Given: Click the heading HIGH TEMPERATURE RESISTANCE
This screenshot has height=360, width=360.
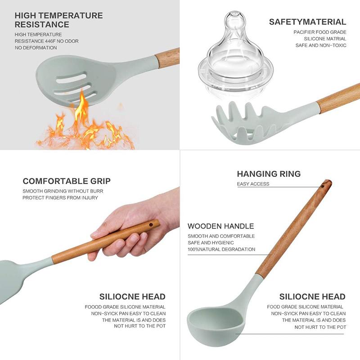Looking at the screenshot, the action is [x=59, y=20].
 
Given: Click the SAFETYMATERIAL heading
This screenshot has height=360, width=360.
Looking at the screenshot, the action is [x=308, y=22].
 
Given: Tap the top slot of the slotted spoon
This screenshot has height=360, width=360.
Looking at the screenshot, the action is [x=72, y=78].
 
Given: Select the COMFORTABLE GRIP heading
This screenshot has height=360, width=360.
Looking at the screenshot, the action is [x=67, y=181].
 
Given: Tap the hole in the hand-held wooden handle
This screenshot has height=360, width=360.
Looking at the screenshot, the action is [x=151, y=225].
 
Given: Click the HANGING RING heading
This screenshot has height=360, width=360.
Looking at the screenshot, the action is [x=269, y=174].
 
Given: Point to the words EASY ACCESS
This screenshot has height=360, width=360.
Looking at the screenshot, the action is [x=253, y=184].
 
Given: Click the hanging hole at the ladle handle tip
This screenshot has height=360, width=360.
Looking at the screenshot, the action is [x=323, y=186].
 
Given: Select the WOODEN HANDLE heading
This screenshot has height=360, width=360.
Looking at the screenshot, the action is [x=221, y=226].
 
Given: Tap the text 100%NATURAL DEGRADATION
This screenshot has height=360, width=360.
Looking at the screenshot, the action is [x=221, y=249].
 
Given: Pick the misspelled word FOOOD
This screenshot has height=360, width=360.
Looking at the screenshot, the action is [x=93, y=307].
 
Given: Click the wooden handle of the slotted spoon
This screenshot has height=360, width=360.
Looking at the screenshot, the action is [x=167, y=58].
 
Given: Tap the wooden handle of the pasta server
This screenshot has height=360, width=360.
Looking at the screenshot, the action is [x=339, y=98].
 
